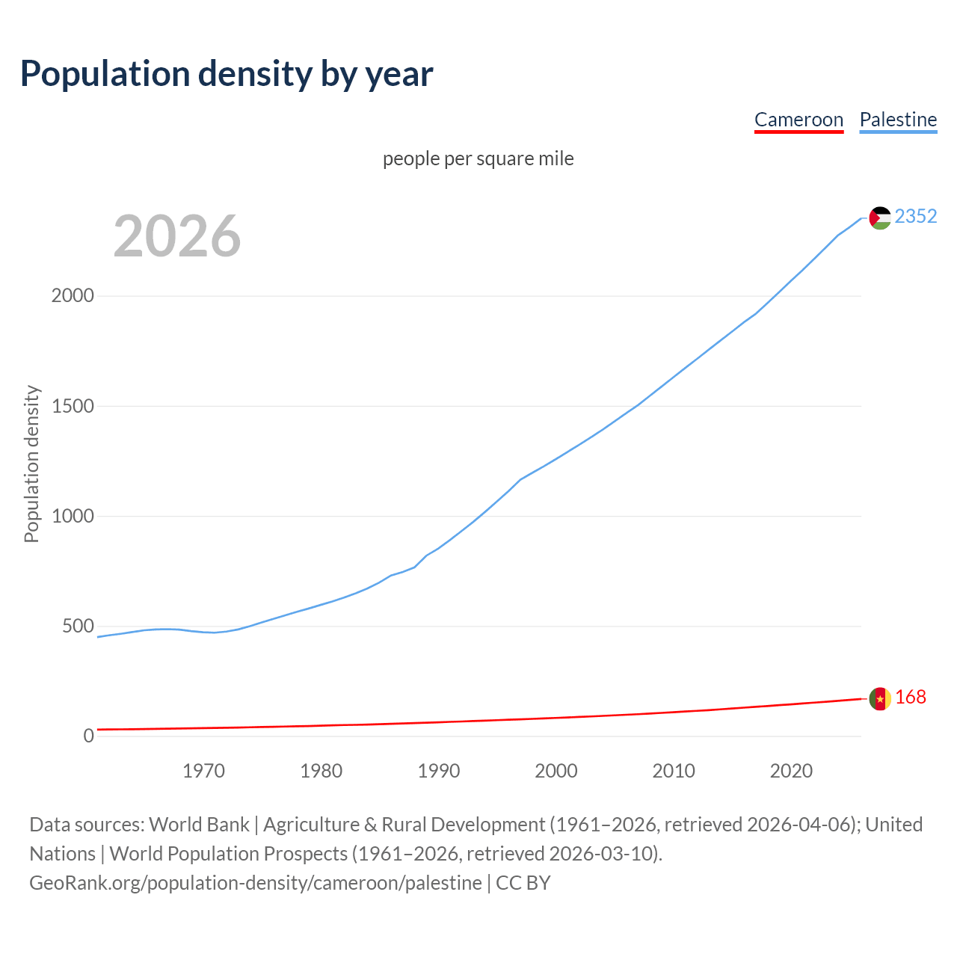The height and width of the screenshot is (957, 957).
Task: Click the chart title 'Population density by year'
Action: point(227,73)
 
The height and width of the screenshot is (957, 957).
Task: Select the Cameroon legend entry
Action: point(798,120)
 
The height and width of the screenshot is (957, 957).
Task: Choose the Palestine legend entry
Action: point(898,120)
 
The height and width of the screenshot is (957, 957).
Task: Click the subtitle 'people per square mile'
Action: point(478,159)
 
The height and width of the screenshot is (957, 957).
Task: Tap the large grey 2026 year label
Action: point(177,236)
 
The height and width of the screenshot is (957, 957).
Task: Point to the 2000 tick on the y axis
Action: point(73,295)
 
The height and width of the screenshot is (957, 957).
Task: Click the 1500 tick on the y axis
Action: point(73,406)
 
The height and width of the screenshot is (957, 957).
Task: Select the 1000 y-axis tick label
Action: point(73,516)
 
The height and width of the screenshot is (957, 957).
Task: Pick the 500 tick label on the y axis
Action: point(78,626)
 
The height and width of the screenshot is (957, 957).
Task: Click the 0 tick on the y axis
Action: point(89,736)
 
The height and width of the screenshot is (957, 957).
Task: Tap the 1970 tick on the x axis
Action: point(203,771)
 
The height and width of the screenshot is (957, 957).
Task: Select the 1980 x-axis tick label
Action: point(321,771)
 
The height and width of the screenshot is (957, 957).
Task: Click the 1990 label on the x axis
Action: point(439,771)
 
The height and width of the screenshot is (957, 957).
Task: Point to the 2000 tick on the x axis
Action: point(556,771)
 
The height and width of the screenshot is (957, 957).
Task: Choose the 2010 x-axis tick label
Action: point(674,771)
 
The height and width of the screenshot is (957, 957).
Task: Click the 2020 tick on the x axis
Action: point(791,771)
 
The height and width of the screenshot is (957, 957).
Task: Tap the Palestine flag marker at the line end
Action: point(880,218)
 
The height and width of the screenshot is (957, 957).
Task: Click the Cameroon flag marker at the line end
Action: point(880,698)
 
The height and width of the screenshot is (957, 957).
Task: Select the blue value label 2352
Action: point(916,216)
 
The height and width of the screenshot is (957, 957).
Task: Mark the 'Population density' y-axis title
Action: point(31,464)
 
